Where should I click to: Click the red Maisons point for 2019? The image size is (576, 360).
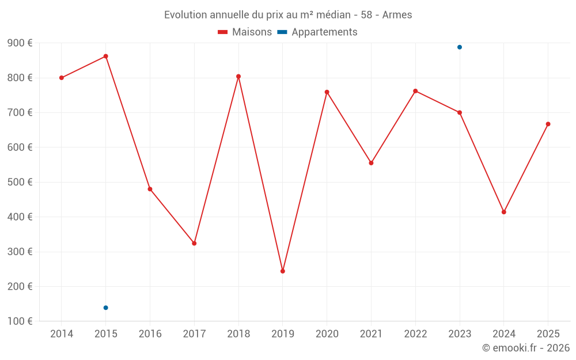[x=283, y=271]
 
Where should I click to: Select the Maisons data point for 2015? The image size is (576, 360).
[x=106, y=56]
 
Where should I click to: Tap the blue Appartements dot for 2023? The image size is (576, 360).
[x=460, y=47]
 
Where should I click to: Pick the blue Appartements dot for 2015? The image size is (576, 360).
[x=106, y=308]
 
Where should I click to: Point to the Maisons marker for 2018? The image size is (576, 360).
[x=238, y=77]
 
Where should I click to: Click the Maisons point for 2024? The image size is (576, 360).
[x=504, y=212]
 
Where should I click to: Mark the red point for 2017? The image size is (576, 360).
[x=194, y=244]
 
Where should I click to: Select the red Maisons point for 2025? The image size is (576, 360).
[x=548, y=124]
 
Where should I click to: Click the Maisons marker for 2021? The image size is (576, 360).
[x=371, y=163]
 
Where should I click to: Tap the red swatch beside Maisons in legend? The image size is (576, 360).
[x=223, y=32]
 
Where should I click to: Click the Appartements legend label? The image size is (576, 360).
[x=324, y=32]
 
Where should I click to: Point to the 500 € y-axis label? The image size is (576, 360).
[x=20, y=182]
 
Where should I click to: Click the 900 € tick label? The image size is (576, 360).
[x=20, y=43]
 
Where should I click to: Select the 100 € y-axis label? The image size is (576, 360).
[x=20, y=321]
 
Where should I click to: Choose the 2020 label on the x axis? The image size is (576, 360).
[x=327, y=334]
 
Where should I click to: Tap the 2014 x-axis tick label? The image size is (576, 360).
[x=62, y=334]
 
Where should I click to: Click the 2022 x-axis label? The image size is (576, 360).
[x=415, y=334]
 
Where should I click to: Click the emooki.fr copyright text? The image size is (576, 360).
[x=526, y=348]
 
